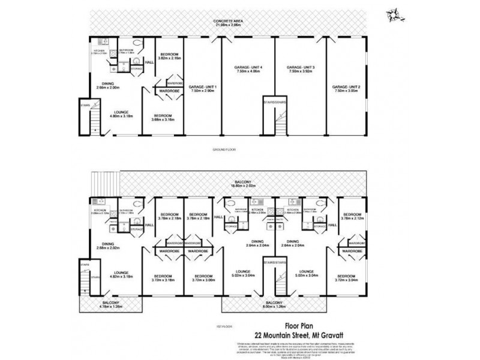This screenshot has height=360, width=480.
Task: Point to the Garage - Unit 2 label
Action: [347, 88]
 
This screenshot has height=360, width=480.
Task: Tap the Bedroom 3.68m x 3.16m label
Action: [163, 117]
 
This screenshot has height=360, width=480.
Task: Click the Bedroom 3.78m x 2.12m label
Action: [352, 217]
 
